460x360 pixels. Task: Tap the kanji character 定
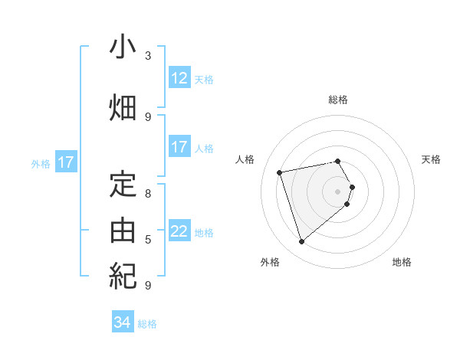pos(123,185)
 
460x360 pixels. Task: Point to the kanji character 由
pos(123,231)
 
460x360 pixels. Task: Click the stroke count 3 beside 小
pos(148,56)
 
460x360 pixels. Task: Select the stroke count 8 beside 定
pos(148,194)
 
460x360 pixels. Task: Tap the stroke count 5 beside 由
pos(148,240)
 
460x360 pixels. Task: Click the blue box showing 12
pos(179,78)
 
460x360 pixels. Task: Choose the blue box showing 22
pos(179,231)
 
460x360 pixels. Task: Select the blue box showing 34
pos(123,322)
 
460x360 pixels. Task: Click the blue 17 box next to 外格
pos(65,162)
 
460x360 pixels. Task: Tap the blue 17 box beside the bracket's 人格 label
pos(179,147)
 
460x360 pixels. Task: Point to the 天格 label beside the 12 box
pos(204,79)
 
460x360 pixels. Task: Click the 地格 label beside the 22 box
pos(204,232)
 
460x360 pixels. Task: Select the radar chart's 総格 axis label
pos(338,100)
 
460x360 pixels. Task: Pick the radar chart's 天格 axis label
pos(431,159)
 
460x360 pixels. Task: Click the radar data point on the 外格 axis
pos(302,242)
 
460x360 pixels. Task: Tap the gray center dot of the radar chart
pos(338,191)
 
